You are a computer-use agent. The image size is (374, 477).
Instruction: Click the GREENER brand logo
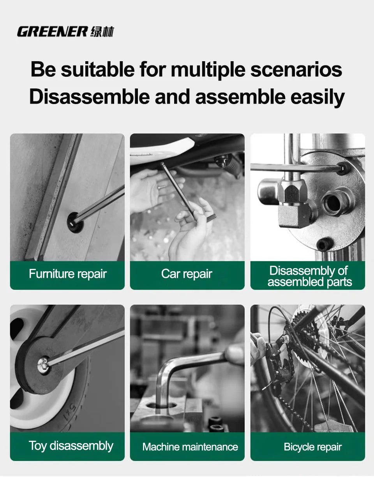click(x=52, y=32)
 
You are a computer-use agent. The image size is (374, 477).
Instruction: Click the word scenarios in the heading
click(x=296, y=69)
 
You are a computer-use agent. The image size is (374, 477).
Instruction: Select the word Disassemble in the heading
click(x=90, y=97)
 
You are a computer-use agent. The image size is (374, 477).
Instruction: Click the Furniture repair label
click(x=67, y=274)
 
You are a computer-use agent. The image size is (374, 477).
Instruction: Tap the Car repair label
click(x=187, y=274)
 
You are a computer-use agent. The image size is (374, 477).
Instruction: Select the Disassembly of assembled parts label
click(x=309, y=276)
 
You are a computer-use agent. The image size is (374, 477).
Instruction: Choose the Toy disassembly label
click(x=71, y=446)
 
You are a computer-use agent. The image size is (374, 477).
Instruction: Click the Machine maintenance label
click(x=190, y=447)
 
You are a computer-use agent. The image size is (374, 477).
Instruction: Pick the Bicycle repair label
click(x=312, y=447)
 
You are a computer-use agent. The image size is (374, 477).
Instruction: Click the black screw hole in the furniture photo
click(x=75, y=222)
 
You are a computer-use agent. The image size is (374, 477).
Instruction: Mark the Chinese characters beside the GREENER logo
click(x=102, y=32)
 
